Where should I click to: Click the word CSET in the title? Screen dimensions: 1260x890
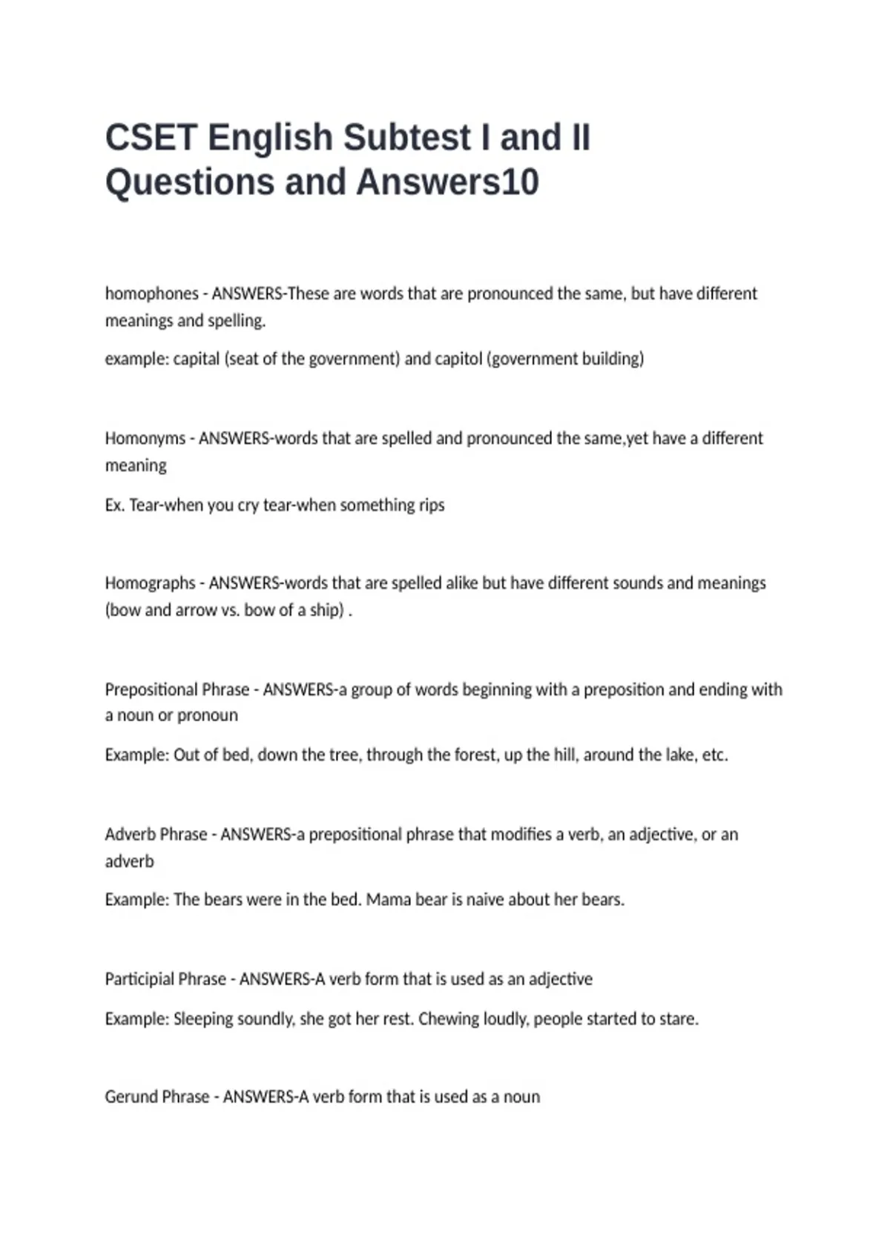tap(151, 138)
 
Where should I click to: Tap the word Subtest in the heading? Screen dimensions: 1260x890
tap(406, 138)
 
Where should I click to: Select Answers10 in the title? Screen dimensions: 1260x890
tap(447, 182)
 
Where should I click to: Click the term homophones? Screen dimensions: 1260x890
tap(151, 294)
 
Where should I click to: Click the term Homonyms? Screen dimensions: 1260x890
tap(145, 438)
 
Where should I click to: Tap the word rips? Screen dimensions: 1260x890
tap(431, 505)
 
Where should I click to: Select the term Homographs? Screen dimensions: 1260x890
tap(150, 583)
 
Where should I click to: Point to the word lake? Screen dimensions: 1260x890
tap(680, 755)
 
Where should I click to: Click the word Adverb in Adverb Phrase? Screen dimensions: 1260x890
tap(130, 835)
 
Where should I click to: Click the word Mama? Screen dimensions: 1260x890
tap(388, 900)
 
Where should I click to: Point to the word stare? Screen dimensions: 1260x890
tap(678, 1019)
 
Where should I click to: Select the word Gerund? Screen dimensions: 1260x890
tap(131, 1097)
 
